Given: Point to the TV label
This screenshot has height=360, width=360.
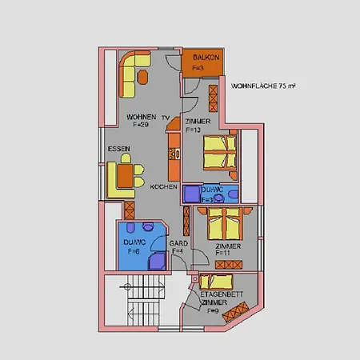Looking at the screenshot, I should [x=165, y=117].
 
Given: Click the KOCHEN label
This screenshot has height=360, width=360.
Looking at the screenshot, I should [x=164, y=186].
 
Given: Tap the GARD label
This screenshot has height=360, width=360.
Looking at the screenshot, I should [x=179, y=243].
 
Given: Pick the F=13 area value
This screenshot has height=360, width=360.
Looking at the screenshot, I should [x=194, y=129].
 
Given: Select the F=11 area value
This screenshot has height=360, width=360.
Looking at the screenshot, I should [x=224, y=253].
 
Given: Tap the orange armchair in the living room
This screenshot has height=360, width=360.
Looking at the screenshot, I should [x=142, y=76].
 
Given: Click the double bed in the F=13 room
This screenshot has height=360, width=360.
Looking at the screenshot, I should [x=219, y=152].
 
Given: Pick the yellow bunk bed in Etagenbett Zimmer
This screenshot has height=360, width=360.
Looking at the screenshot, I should [x=216, y=281].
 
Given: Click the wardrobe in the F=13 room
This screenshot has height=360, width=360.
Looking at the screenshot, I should [x=213, y=98].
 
